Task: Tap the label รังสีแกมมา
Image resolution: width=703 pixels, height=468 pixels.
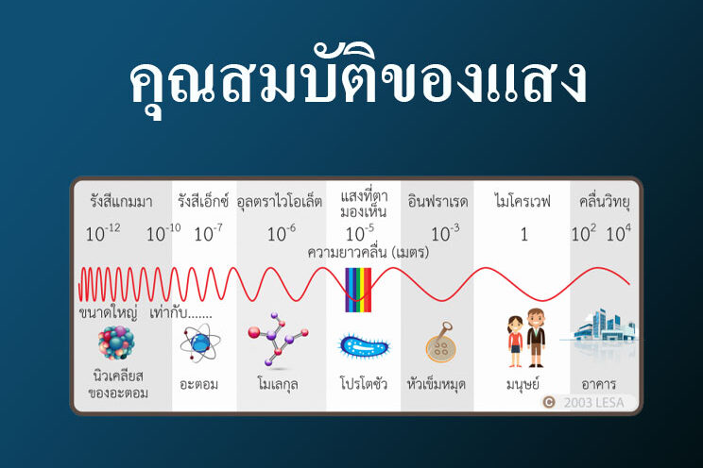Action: click(121, 202)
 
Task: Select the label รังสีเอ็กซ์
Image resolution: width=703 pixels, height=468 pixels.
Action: click(203, 202)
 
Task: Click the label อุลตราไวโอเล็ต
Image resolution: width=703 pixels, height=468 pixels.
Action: click(280, 202)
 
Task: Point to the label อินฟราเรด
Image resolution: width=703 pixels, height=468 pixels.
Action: click(437, 202)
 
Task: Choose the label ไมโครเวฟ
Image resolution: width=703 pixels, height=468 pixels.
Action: click(523, 202)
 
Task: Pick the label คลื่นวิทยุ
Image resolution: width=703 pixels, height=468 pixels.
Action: click(605, 202)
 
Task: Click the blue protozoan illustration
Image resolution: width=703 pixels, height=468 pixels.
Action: click(363, 346)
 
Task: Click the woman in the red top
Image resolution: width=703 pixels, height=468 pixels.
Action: click(515, 341)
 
